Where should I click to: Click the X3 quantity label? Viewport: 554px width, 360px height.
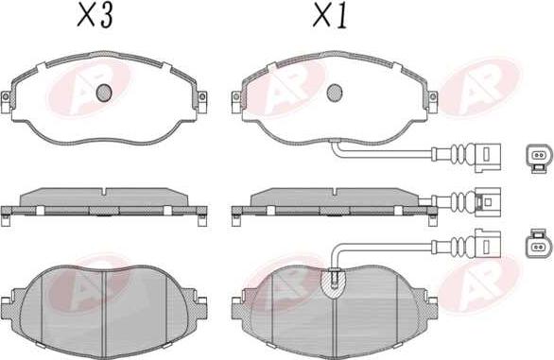point(97,17)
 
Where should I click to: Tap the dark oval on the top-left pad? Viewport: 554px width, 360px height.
point(105,94)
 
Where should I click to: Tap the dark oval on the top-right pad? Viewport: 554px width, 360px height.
point(334,94)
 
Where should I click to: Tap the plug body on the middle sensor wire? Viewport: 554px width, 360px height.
point(490,201)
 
